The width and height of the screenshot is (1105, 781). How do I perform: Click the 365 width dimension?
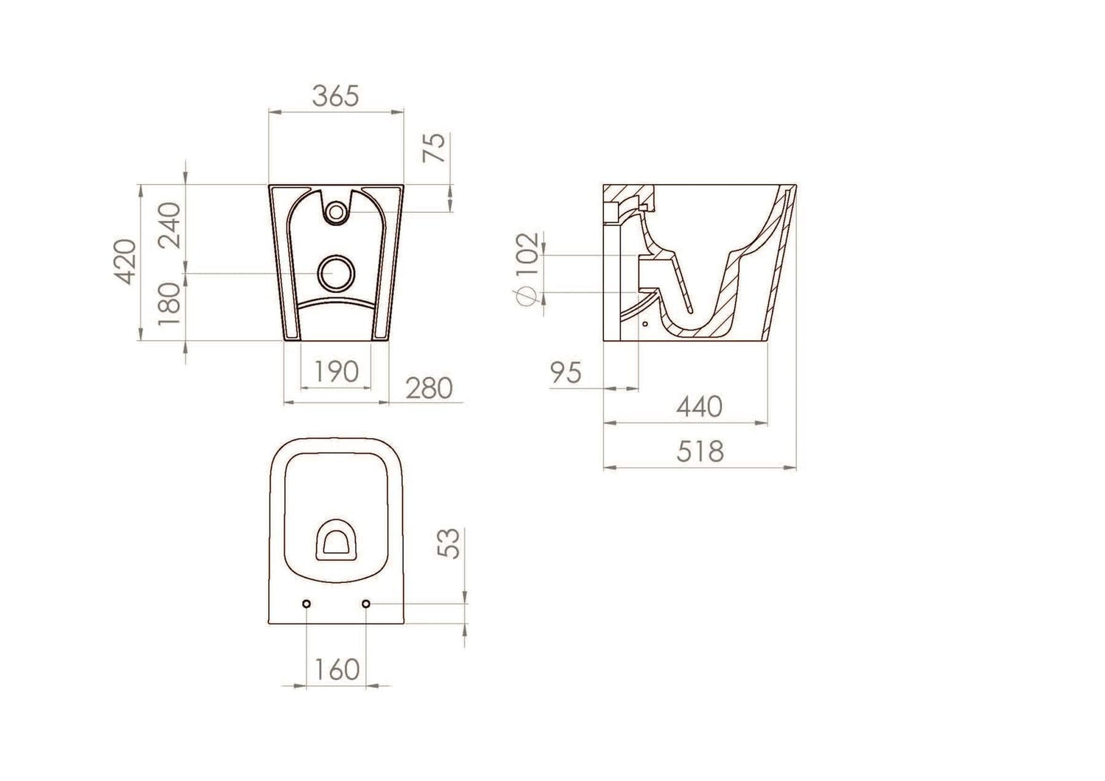click(335, 96)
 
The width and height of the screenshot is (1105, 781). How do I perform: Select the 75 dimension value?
click(435, 147)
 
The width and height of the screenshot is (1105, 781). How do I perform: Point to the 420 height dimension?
click(124, 261)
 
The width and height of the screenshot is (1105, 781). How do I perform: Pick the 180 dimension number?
click(169, 304)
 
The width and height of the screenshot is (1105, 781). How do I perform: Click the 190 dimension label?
click(336, 372)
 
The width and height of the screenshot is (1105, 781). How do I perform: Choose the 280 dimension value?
click(429, 388)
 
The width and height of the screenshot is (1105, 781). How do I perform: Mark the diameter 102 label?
click(527, 255)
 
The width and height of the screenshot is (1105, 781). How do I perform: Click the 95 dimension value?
click(566, 372)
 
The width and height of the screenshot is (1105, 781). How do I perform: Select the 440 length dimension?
click(699, 407)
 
